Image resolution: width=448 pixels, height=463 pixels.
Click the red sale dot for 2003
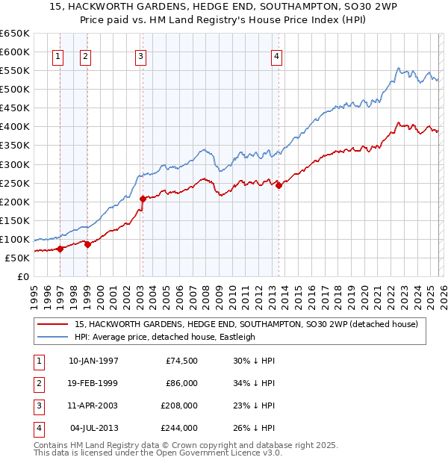pyautogui.click(x=142, y=199)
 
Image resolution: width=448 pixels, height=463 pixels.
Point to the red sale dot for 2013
pyautogui.click(x=278, y=185)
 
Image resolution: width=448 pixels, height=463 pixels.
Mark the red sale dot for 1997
pyautogui.click(x=60, y=249)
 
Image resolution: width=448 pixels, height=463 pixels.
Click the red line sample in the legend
pyautogui.click(x=53, y=324)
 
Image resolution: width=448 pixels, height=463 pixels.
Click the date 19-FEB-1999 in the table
pyautogui.click(x=93, y=383)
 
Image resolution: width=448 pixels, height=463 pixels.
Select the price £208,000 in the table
pyautogui.click(x=179, y=405)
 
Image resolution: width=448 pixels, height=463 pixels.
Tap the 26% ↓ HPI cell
pyautogui.click(x=254, y=428)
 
